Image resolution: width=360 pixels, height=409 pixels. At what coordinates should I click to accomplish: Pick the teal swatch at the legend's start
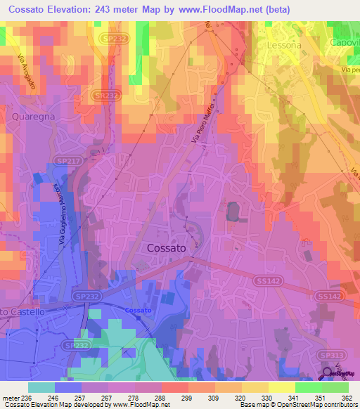pos(41,387)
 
